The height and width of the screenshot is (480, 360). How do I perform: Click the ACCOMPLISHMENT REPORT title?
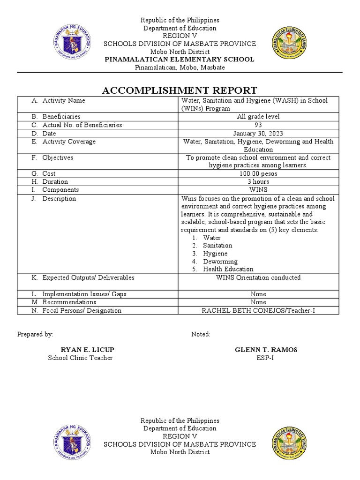coord(180,90)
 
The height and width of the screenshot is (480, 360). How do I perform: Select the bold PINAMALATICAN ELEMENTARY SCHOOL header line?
coord(180,60)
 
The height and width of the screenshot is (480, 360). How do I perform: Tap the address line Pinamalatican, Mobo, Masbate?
coord(180,67)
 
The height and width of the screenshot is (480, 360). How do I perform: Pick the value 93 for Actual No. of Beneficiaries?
coord(258,125)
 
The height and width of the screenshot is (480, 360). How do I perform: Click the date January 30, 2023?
coord(258,134)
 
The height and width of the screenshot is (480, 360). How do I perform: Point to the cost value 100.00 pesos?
coord(258,174)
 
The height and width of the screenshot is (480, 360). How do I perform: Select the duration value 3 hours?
coord(258,182)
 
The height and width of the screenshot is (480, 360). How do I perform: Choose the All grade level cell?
coord(258,117)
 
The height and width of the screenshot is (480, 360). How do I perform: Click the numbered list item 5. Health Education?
coord(223,270)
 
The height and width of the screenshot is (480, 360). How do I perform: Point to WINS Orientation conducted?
coord(258,278)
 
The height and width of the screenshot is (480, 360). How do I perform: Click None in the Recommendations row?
coord(258,302)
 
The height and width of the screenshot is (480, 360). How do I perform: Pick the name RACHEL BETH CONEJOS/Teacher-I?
coord(258,311)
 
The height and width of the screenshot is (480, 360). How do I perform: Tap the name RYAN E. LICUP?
coord(88,350)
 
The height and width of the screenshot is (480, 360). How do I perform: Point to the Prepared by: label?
coord(35,334)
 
